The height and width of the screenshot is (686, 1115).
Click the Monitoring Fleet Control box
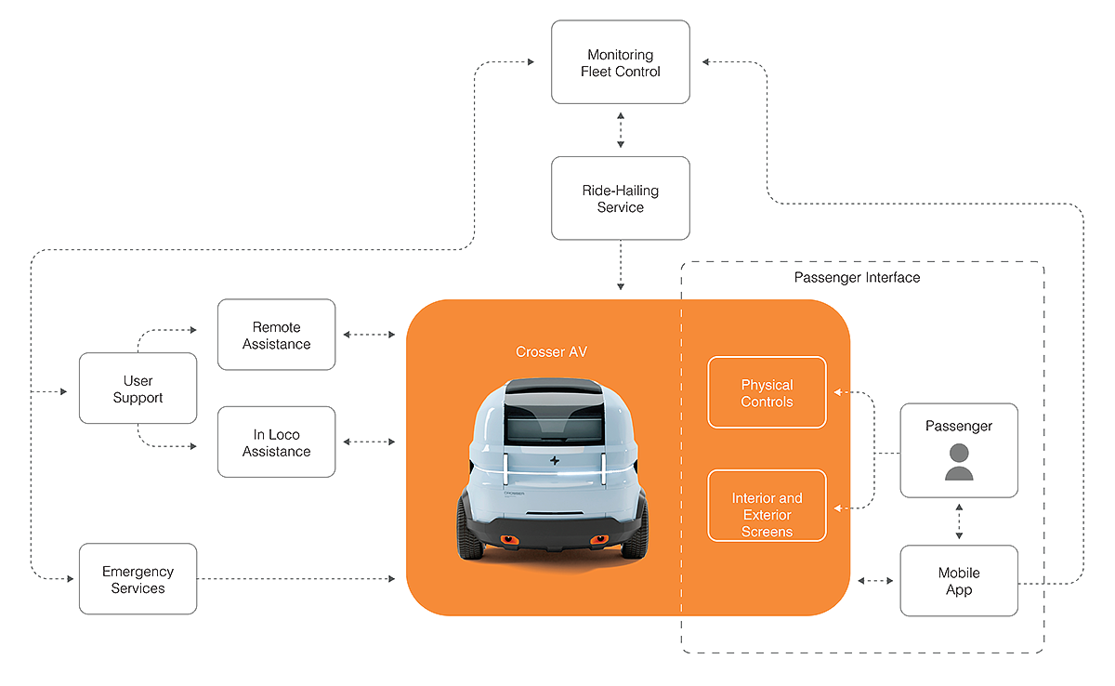(x=620, y=62)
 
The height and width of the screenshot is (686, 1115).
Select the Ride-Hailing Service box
(x=620, y=198)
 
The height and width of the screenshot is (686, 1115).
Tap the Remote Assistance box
(x=276, y=335)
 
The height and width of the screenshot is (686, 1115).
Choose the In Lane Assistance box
(x=276, y=442)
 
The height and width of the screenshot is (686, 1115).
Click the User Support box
(x=138, y=389)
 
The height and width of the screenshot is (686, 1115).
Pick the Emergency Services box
(x=138, y=578)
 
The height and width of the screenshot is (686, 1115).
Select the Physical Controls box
(x=767, y=392)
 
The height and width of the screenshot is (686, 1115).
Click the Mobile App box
(x=959, y=581)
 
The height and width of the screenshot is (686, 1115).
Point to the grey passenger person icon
(x=959, y=461)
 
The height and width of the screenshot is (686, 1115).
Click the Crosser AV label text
(x=551, y=352)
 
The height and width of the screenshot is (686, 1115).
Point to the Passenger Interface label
(x=857, y=277)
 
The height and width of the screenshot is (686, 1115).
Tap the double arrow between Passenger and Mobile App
(x=959, y=521)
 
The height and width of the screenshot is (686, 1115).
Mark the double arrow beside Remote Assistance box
(x=370, y=334)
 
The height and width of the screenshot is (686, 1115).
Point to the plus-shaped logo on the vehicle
(x=552, y=462)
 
